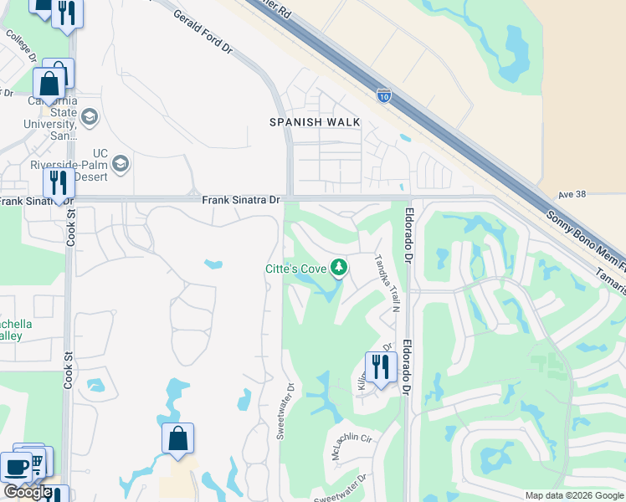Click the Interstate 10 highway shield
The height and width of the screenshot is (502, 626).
384,96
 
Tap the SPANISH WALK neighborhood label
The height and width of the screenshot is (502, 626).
315,122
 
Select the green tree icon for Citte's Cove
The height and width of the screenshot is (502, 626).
339,268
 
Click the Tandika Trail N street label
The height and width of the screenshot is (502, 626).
387,284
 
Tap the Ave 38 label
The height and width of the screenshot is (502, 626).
573,195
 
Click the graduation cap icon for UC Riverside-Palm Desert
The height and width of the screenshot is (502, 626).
121,162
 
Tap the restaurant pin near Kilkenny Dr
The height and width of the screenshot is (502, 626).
380,367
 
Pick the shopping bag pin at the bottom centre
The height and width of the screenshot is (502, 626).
178,438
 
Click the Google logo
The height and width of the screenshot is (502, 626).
27,492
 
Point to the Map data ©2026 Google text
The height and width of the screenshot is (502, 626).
573,495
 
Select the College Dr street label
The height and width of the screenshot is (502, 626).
21,47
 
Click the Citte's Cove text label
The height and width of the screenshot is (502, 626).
295,268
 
